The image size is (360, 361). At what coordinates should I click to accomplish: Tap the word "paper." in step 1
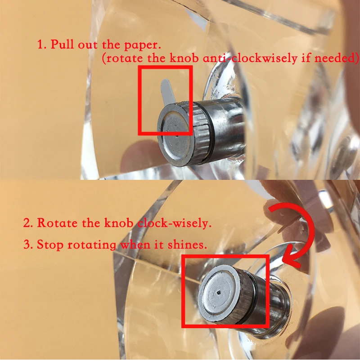142,45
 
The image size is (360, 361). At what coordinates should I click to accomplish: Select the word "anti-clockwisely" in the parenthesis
250,58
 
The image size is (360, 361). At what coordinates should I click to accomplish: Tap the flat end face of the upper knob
175,134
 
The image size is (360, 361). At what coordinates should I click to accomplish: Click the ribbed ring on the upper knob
202,133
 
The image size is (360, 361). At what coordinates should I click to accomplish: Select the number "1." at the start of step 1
42,44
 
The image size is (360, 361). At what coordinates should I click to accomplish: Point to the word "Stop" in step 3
50,244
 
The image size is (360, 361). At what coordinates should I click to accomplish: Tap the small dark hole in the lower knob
219,293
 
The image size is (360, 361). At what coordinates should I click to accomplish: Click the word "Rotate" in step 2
57,223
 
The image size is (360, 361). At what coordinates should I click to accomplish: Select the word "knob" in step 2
119,223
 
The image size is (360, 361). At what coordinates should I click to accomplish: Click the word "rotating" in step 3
92,245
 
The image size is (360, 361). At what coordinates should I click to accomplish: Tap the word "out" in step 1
87,44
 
